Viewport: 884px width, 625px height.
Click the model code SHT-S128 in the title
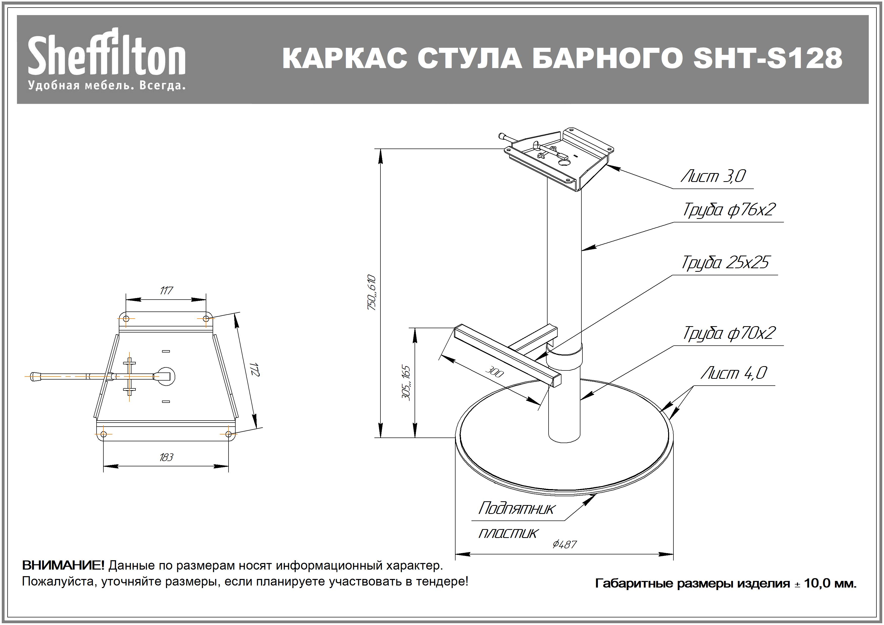[x=767, y=58]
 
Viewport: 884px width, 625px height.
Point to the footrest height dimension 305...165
[x=406, y=383]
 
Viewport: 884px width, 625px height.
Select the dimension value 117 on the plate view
[x=166, y=290]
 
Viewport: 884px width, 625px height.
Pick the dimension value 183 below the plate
[x=166, y=457]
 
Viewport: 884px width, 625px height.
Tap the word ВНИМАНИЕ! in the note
[x=63, y=565]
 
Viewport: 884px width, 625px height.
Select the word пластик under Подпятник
[x=507, y=534]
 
